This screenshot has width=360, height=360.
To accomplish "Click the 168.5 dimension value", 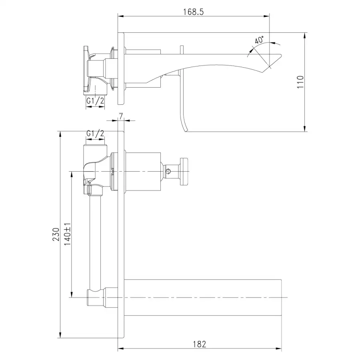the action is click(x=193, y=12).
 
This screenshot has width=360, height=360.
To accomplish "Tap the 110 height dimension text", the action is click(x=300, y=82).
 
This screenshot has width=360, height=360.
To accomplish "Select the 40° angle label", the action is click(x=259, y=40).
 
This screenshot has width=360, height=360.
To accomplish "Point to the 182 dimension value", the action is click(x=199, y=344).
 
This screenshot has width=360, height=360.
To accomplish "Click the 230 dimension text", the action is click(x=56, y=234).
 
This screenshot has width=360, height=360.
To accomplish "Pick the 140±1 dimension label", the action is click(x=68, y=234).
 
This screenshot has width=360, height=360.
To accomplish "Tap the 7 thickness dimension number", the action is click(x=121, y=116).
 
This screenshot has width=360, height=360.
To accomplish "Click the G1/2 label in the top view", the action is click(x=95, y=100).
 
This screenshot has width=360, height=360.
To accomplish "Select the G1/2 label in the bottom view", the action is click(x=95, y=133).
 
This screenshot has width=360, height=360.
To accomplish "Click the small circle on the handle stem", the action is click(x=168, y=171).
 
